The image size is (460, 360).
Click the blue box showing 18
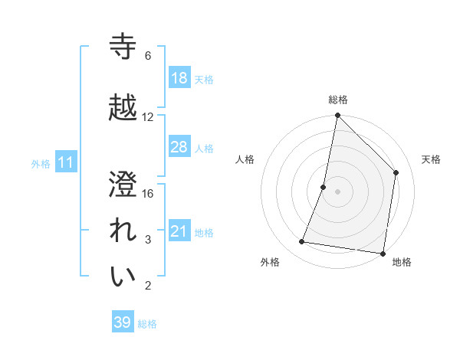(x=179, y=78)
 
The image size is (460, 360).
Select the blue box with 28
(x=179, y=147)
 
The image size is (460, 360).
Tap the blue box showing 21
(x=179, y=231)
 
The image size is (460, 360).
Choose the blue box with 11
(x=66, y=162)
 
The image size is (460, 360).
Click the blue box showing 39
(x=123, y=322)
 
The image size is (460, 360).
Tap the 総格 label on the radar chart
(x=338, y=100)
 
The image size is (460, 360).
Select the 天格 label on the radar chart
(x=431, y=159)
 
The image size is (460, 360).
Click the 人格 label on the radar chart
(x=245, y=159)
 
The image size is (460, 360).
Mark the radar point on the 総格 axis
(x=337, y=116)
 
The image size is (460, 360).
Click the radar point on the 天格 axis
(x=396, y=172)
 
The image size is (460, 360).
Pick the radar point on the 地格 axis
(x=383, y=253)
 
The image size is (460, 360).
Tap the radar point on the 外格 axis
(x=302, y=242)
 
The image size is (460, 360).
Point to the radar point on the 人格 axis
(x=324, y=187)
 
